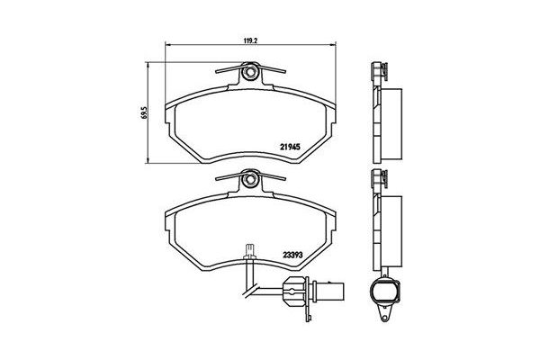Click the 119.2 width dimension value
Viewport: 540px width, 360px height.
[x=251, y=40]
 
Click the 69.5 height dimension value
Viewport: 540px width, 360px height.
[x=144, y=112]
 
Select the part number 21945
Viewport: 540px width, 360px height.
[x=290, y=147]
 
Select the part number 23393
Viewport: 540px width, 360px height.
[x=292, y=256]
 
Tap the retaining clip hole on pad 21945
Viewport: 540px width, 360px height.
[x=250, y=72]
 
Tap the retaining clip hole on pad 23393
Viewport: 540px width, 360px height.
[x=250, y=179]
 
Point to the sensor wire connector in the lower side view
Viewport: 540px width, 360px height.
[x=384, y=291]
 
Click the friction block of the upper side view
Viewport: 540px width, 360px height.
[x=391, y=124]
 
